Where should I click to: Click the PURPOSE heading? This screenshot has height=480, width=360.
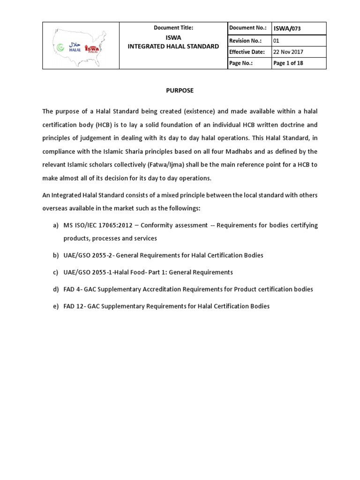[x=180, y=90]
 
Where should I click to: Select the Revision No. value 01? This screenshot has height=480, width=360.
[x=276, y=40]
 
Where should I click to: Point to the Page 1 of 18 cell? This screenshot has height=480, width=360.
[x=288, y=63]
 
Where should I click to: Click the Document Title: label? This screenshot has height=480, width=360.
[x=173, y=28]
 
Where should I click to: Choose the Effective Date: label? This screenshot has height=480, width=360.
[x=247, y=52]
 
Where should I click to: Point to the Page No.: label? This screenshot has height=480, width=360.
[x=241, y=63]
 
